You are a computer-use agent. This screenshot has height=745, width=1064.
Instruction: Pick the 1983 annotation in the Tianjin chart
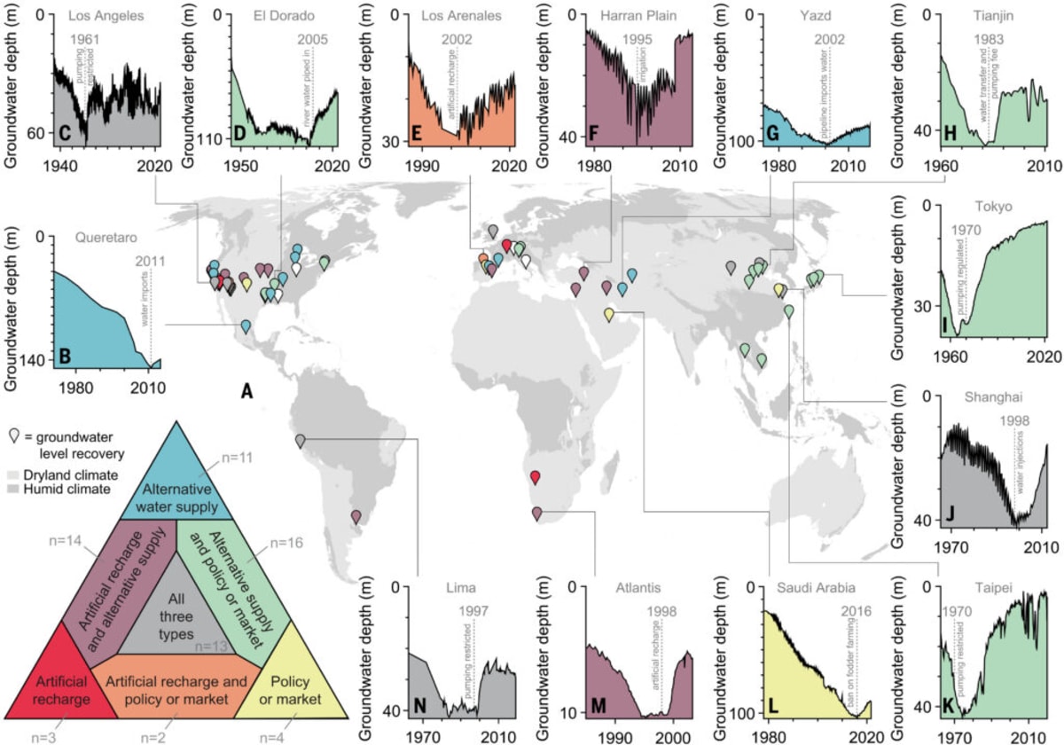989,40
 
